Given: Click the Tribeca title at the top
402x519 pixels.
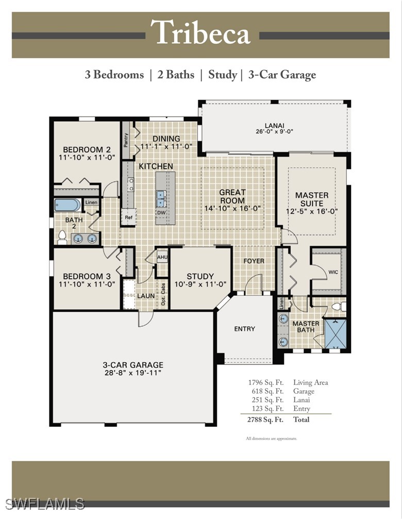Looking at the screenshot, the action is point(200,32).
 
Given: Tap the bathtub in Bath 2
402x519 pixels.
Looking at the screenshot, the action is point(68,205).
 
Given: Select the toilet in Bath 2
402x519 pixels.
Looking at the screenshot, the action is point(62,237).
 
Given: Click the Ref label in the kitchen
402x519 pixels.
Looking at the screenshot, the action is point(129,217).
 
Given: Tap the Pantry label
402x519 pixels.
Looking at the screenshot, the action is point(126,140).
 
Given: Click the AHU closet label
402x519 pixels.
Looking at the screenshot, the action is point(162,257).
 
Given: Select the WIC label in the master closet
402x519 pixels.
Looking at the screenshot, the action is point(333,272).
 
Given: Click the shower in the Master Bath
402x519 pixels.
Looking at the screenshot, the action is point(336,333).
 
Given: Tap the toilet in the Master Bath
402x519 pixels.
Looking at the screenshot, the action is point(339,307).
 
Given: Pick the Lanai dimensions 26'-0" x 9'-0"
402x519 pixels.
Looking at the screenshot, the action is point(275,131).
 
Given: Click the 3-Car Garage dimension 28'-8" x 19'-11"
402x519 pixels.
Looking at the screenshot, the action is point(132,373).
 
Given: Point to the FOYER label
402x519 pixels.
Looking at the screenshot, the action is point(254,261).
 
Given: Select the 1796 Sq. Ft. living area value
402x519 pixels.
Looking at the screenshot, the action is point(266,382).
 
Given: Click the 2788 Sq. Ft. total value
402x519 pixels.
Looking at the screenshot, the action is point(265,420).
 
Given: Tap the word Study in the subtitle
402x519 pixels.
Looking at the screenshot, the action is point(222,75).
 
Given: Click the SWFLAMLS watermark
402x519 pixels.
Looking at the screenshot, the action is point(45,504).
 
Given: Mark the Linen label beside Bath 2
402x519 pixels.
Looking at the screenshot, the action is point(91,202).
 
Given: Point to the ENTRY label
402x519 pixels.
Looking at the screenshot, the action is point(244,329).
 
